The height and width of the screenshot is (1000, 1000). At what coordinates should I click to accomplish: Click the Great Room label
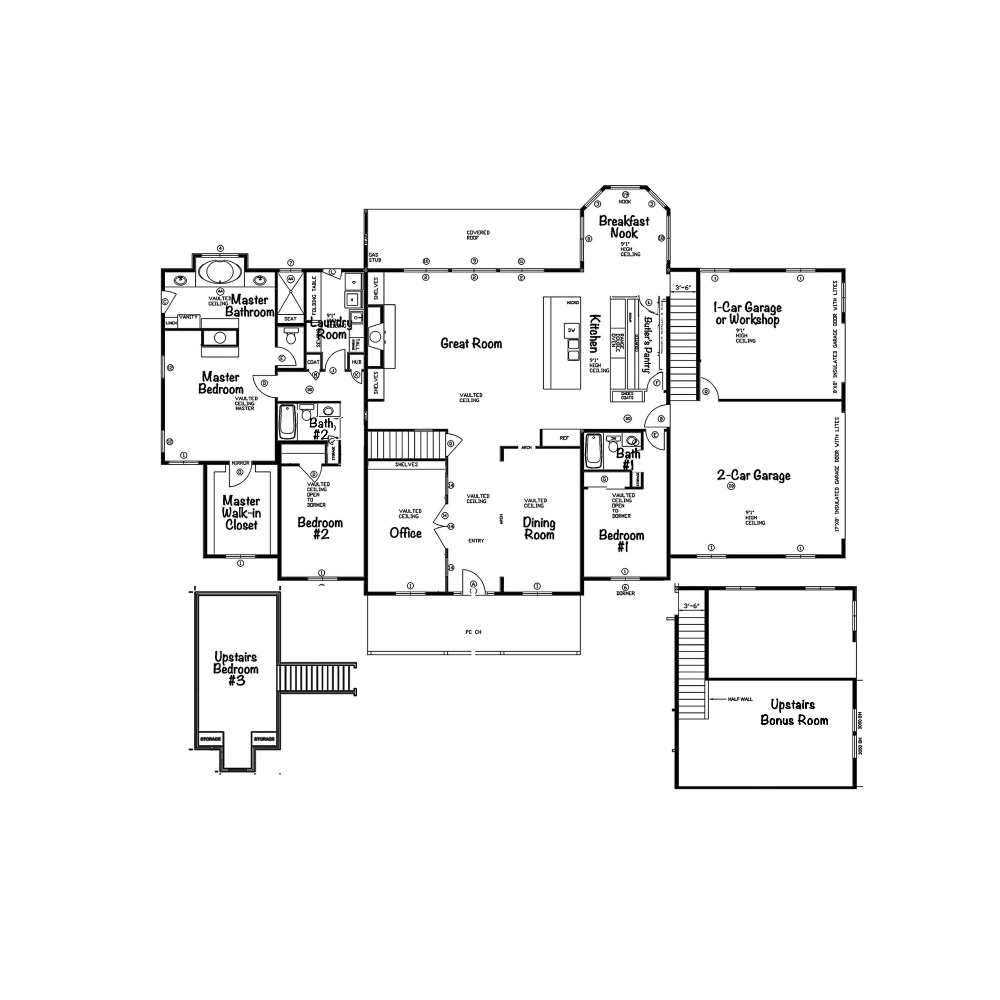pyautogui.click(x=471, y=343)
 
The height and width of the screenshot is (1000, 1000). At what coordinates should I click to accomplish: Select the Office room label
pyautogui.click(x=405, y=533)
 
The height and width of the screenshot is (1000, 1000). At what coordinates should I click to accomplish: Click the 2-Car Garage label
pyautogui.click(x=754, y=475)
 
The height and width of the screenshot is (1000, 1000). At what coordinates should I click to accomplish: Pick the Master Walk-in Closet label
pyautogui.click(x=241, y=513)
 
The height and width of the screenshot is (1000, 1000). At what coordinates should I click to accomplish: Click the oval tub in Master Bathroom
pyautogui.click(x=220, y=271)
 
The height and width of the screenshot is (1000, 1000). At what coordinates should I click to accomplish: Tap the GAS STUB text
pyautogui.click(x=375, y=257)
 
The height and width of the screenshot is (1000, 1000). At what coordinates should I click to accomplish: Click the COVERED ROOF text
pyautogui.click(x=478, y=235)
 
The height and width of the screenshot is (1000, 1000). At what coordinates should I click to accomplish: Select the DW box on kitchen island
pyautogui.click(x=571, y=330)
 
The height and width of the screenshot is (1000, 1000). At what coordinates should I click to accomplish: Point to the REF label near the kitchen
pyautogui.click(x=564, y=438)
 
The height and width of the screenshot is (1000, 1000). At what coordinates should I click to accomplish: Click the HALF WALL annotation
pyautogui.click(x=740, y=699)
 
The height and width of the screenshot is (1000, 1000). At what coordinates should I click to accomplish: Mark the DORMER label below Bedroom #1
pyautogui.click(x=625, y=593)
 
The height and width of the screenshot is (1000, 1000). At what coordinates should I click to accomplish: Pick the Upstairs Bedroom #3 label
pyautogui.click(x=236, y=669)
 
